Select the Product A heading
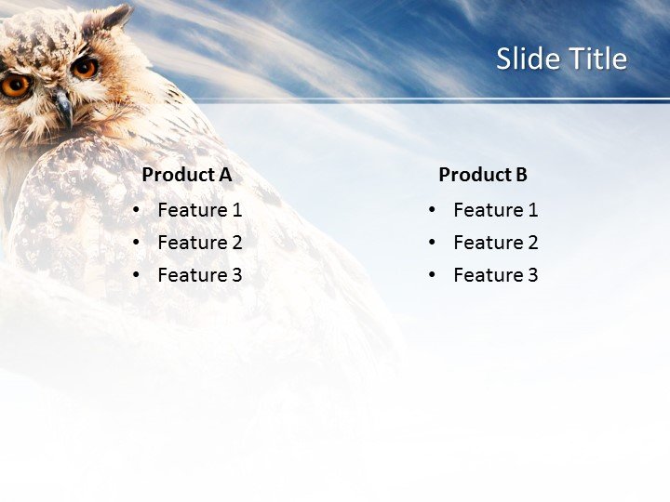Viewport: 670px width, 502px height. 186,175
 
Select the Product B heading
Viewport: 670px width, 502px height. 482,175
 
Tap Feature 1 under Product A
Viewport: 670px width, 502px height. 199,210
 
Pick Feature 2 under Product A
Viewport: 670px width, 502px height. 199,243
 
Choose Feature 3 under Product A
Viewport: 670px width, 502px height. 199,275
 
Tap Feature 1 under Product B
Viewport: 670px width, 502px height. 495,210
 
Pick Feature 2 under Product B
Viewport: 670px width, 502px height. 495,243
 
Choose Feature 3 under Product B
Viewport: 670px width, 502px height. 495,275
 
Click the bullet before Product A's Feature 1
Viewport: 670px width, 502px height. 137,210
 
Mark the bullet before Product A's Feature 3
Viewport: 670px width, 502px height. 137,275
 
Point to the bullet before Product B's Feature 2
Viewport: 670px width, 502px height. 433,243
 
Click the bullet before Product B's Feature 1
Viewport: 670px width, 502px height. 433,210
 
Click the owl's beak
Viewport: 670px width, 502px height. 63,109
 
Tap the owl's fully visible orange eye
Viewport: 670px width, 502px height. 85,67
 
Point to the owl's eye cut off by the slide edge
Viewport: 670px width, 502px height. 14,86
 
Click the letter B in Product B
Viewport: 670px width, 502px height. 521,175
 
